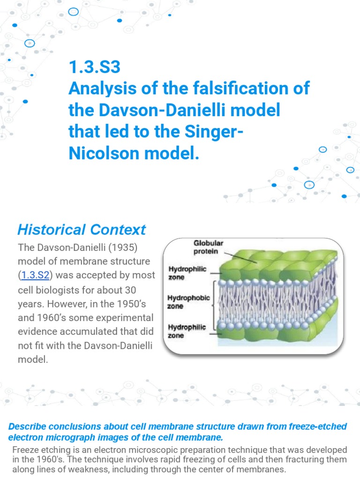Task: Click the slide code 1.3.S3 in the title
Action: [95, 68]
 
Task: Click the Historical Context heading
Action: [82, 230]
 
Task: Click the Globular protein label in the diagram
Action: [210, 247]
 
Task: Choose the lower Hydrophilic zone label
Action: [187, 331]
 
